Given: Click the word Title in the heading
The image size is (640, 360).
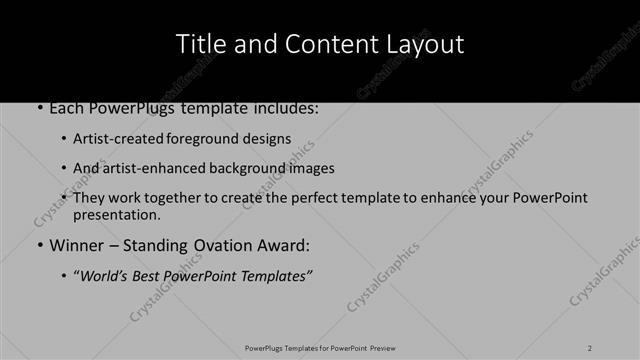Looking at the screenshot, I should pos(198,44).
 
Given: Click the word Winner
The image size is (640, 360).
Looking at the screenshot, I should pos(76,245).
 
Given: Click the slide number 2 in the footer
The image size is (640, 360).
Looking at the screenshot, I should pos(591,347).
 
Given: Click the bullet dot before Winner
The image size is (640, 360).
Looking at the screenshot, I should pos(39,246).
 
